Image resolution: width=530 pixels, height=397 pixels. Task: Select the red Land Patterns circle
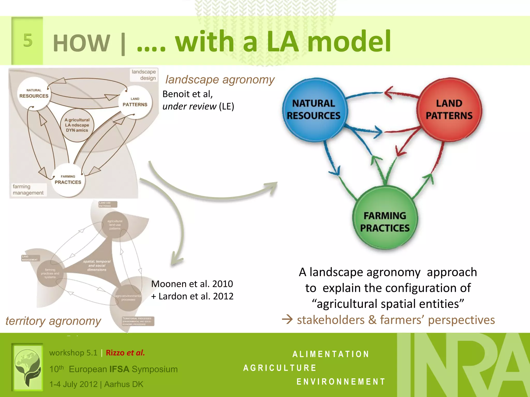click(x=449, y=110)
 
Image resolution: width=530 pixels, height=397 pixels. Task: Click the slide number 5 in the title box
click(x=28, y=41)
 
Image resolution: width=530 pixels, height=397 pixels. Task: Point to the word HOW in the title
click(x=82, y=43)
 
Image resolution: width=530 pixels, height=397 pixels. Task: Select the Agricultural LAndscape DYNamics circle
click(x=77, y=125)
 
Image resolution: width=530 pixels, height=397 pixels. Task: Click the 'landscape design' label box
click(x=144, y=75)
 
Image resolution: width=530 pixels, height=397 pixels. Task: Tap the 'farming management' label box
click(x=28, y=190)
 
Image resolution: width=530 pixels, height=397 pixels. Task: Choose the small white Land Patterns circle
click(x=135, y=102)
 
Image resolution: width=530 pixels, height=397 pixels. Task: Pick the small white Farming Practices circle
click(x=68, y=180)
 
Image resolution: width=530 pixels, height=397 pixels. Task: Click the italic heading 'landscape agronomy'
click(x=220, y=80)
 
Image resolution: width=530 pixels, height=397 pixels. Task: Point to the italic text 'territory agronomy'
click(x=53, y=321)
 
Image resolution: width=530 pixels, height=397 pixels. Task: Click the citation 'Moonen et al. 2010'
click(x=192, y=284)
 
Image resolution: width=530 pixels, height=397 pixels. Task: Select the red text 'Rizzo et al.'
click(x=125, y=353)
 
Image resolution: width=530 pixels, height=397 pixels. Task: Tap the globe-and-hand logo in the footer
click(x=27, y=367)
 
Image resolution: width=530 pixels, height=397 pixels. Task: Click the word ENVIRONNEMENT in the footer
click(x=341, y=381)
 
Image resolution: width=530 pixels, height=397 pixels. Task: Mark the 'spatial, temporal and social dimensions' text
click(x=97, y=265)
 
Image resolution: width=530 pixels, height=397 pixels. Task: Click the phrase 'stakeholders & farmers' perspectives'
click(x=396, y=320)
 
